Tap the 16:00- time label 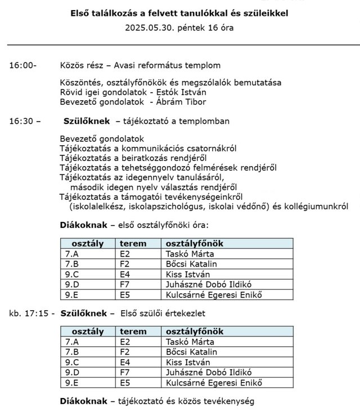click(x=22, y=66)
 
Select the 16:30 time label click(x=22, y=121)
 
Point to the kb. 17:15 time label click(x=31, y=312)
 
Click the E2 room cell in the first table click(x=125, y=254)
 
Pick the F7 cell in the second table click(x=125, y=373)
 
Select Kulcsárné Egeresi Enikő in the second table click(x=214, y=383)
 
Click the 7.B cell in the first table click(x=71, y=264)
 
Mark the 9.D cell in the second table click(x=71, y=373)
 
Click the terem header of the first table click(x=133, y=243)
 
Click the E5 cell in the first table click(x=125, y=294)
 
